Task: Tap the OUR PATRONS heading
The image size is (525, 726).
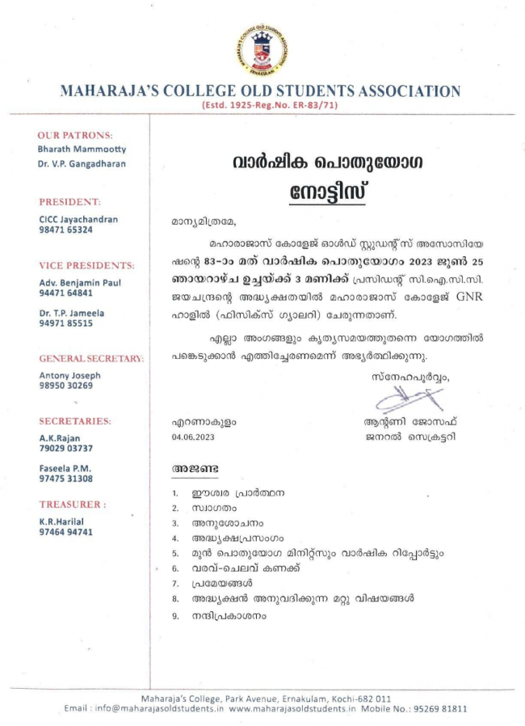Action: click(75, 135)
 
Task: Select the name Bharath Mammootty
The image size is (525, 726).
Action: click(82, 150)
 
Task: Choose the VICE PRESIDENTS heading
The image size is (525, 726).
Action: click(87, 265)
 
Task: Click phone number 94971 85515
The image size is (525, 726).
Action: click(65, 323)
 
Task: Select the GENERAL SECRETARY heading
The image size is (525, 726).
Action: click(90, 357)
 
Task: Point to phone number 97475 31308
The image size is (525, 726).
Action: click(65, 479)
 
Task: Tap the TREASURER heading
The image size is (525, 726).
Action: click(73, 504)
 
